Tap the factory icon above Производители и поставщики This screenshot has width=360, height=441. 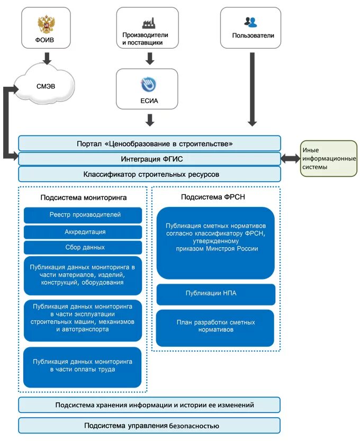click(x=149, y=23)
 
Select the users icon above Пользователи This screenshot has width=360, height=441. click(x=250, y=22)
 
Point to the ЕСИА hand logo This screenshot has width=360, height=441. click(x=149, y=85)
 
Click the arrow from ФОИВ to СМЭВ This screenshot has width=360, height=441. click(x=47, y=58)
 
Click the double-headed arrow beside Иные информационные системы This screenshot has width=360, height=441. click(x=290, y=158)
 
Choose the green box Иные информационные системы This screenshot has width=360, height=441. click(x=328, y=158)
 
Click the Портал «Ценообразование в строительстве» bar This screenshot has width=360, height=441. click(x=149, y=143)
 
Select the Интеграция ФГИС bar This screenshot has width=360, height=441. click(x=149, y=159)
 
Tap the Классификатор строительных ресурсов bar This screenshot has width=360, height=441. click(x=149, y=174)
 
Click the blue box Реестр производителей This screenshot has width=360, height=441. click(x=83, y=215)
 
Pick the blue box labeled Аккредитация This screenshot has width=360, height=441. click(x=83, y=232)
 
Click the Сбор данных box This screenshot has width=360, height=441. click(x=83, y=247)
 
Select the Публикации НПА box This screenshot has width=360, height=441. click(x=215, y=294)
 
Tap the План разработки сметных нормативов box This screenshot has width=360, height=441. click(x=215, y=326)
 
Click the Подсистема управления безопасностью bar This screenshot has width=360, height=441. click(x=149, y=426)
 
